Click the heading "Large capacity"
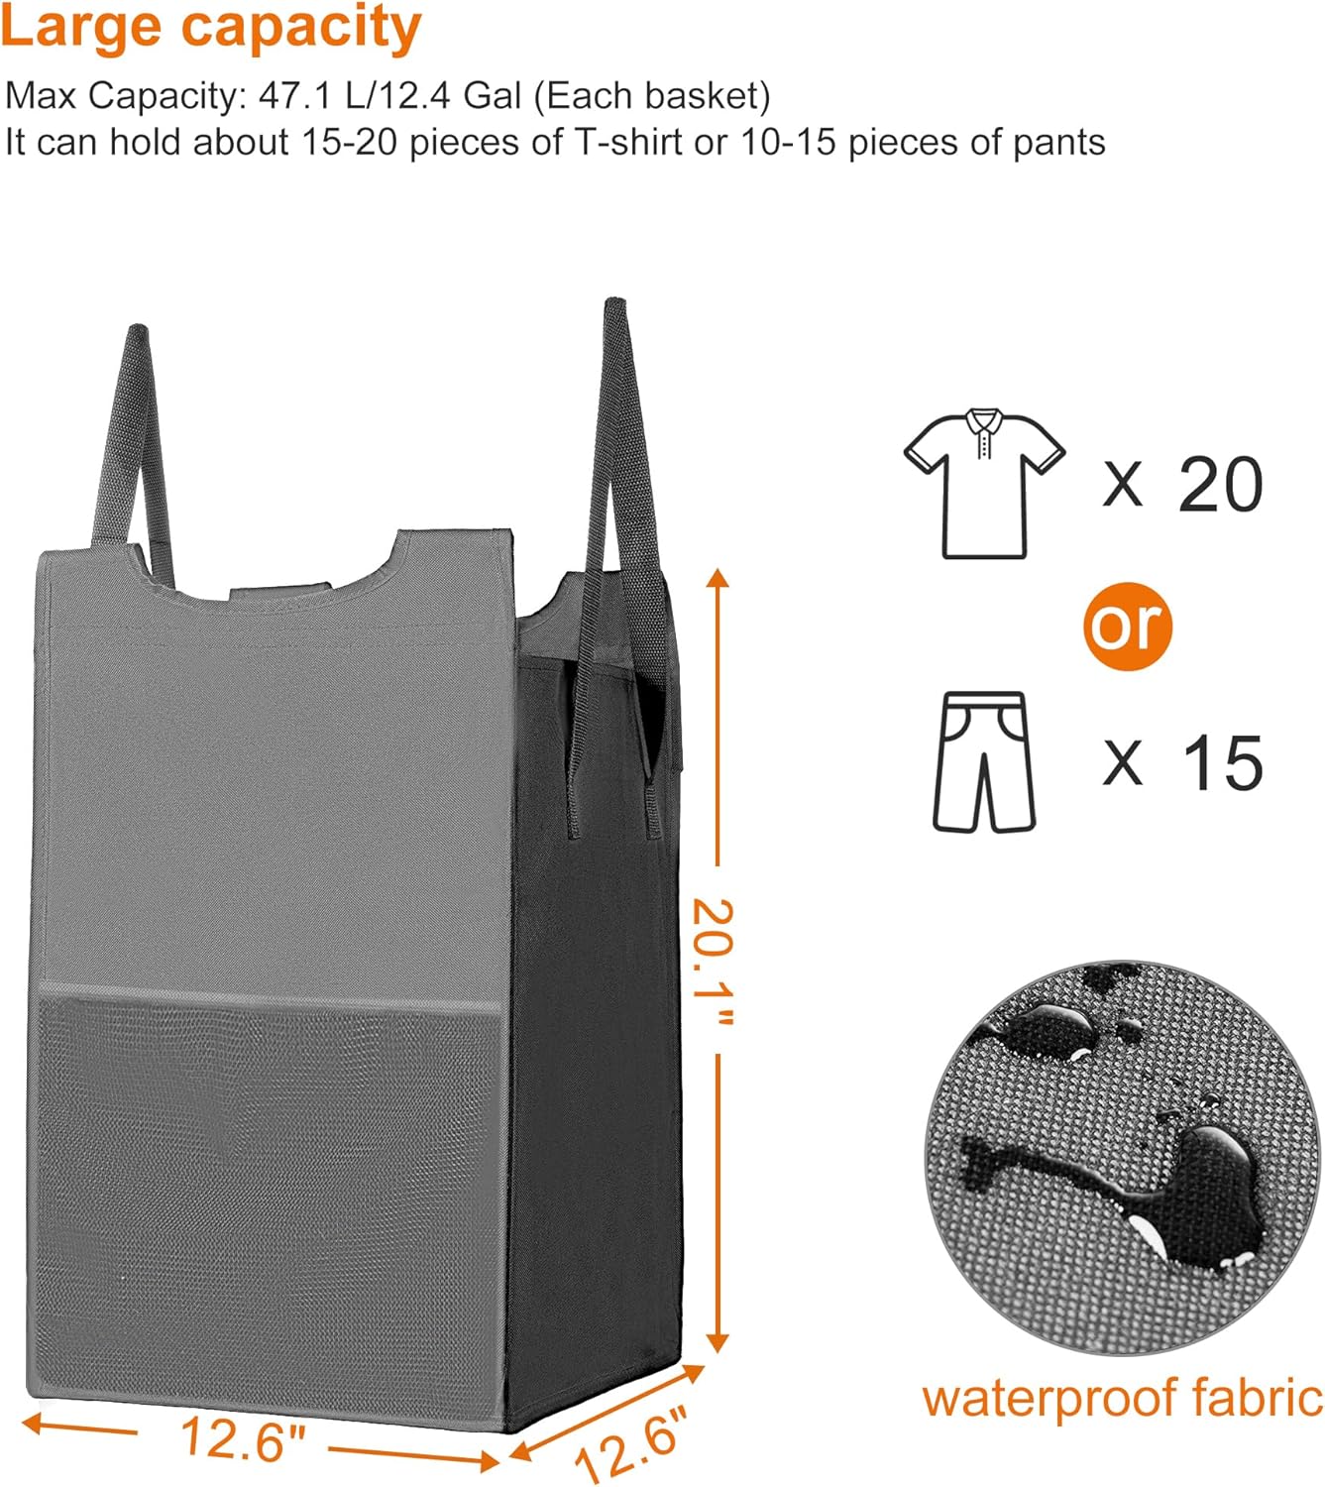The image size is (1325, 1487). tap(211, 28)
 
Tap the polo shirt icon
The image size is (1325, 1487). tap(984, 483)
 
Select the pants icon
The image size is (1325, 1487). tap(983, 761)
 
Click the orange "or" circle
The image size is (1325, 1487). tap(1127, 626)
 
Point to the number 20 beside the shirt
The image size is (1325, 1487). tap(1220, 485)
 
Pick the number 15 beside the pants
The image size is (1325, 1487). tap(1222, 763)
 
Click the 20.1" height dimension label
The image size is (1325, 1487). tap(713, 962)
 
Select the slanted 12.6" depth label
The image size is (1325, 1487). tap(630, 1443)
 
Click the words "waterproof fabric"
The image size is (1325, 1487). tap(1122, 1398)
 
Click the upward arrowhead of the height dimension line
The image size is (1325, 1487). tap(718, 579)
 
